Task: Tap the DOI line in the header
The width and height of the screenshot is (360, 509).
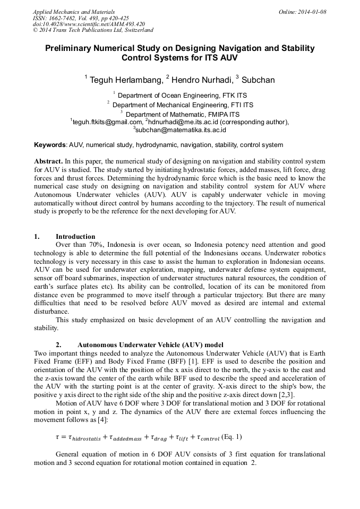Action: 89,24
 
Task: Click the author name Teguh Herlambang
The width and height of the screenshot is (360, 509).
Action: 124,80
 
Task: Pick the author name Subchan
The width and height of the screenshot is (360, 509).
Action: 258,80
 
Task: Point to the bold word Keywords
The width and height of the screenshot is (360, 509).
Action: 50,144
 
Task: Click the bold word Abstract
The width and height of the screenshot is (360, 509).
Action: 48,161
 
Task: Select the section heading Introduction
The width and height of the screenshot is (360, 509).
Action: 75,237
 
